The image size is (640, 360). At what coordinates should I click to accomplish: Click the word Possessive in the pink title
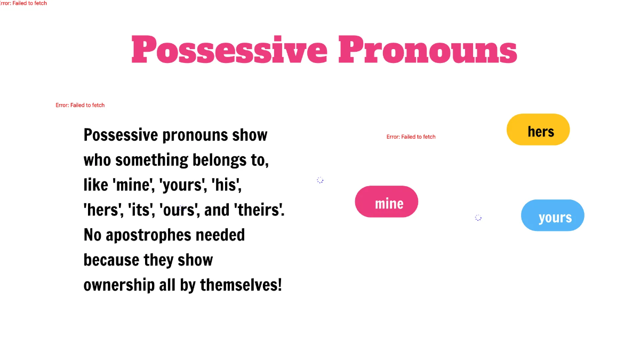(x=229, y=50)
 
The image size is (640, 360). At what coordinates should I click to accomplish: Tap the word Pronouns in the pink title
(x=427, y=50)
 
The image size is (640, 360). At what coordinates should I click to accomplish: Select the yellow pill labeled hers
(x=538, y=130)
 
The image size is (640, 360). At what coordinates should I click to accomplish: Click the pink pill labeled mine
(x=387, y=202)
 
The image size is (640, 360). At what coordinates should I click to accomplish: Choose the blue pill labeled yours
(x=553, y=215)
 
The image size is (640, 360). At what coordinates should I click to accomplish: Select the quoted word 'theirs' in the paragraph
(x=259, y=210)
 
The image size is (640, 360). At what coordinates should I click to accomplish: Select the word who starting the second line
(x=97, y=160)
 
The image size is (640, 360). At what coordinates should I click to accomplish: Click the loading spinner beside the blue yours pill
(x=478, y=218)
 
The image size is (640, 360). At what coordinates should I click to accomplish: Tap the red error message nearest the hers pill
(x=411, y=137)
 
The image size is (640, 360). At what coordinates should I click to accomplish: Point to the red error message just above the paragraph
(x=80, y=105)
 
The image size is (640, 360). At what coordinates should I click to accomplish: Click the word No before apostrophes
(x=92, y=235)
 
